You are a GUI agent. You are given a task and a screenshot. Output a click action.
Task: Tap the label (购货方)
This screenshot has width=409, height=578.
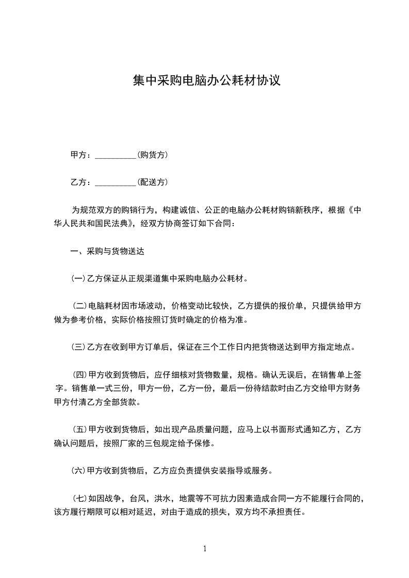(x=153, y=155)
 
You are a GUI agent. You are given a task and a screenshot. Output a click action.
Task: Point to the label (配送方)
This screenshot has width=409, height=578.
(x=153, y=182)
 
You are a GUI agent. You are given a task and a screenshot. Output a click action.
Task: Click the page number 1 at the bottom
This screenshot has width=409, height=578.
(x=205, y=548)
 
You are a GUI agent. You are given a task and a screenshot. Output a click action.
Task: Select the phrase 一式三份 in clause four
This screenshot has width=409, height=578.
(x=105, y=388)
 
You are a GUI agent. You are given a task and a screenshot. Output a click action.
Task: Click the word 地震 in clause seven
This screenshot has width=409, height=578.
(x=187, y=498)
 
